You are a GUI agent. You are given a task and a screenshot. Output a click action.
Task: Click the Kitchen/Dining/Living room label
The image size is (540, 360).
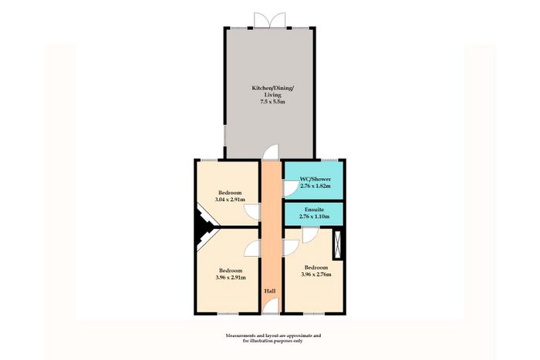point(273,91)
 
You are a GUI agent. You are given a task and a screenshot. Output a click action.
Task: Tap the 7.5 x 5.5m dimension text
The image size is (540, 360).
point(273,102)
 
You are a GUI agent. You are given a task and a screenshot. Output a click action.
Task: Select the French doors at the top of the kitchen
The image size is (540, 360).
point(270,20)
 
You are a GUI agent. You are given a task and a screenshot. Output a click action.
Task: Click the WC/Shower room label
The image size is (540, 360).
point(316,180)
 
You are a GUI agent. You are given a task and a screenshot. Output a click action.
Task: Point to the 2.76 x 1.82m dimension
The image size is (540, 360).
point(316,186)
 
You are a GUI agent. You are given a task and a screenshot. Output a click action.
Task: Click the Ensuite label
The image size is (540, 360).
point(314,210)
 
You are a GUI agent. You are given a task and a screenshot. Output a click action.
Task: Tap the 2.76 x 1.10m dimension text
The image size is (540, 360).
point(314,217)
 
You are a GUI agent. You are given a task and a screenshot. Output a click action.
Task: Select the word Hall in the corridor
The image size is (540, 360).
point(270,291)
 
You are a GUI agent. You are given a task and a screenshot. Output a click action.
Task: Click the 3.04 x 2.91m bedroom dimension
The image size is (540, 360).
point(230,200)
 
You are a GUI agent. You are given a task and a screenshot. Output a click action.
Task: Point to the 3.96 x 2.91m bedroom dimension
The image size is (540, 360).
point(231,278)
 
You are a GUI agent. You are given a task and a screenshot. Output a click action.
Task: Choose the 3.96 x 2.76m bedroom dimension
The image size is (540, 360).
point(316,274)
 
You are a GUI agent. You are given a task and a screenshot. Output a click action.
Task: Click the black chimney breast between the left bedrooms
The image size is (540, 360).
point(204,227)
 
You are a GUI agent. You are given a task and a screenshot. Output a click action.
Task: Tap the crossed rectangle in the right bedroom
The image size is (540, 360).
point(338,244)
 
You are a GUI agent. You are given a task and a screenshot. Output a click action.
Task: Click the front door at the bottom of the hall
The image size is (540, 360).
point(270,306)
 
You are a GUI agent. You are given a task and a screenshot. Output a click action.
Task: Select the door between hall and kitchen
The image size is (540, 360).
point(270,152)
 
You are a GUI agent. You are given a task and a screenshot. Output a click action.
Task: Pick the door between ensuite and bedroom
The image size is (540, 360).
point(310,235)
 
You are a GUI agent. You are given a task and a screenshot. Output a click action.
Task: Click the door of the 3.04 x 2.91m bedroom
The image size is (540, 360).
point(252,212)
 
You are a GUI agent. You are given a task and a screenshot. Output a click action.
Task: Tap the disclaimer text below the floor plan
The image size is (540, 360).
point(273,338)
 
